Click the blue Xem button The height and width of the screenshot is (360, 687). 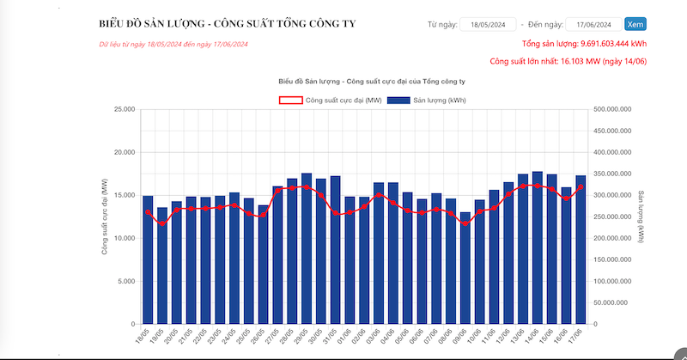click(635, 24)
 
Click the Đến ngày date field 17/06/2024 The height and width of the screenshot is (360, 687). click(593, 24)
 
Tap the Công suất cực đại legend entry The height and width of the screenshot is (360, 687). click(330, 101)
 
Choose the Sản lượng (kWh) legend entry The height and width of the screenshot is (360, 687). click(427, 101)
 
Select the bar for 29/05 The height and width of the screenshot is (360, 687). click(307, 249)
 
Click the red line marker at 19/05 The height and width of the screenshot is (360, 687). click(162, 223)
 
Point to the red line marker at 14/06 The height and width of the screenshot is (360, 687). click(538, 186)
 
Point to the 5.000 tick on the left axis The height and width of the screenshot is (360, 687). click(125, 282)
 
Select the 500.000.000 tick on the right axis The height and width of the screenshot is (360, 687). click(613, 110)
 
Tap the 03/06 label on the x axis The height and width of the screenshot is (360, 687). click(376, 338)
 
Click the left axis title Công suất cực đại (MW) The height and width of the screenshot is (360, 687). click(104, 217)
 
